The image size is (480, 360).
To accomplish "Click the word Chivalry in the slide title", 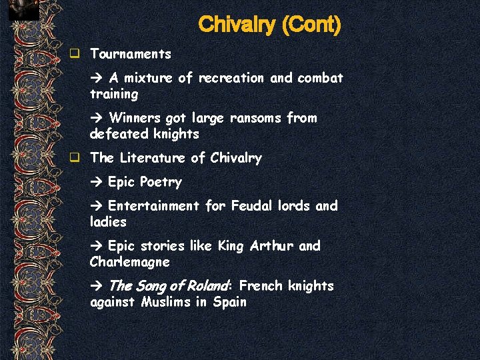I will [x=237, y=25].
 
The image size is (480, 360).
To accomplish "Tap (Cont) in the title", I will [x=311, y=25].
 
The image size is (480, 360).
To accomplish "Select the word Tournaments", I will [x=131, y=54].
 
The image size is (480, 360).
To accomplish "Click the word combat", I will [x=320, y=78].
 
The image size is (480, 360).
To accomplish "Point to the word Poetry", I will [x=161, y=182].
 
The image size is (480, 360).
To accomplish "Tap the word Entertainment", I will [x=153, y=206].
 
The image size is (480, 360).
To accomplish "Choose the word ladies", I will [x=108, y=222].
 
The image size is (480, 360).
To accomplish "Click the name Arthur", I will [x=271, y=246].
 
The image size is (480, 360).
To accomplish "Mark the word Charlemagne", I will [x=130, y=262].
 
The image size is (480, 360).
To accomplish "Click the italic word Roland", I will [x=207, y=286].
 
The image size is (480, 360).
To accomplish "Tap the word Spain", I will [x=230, y=302].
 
